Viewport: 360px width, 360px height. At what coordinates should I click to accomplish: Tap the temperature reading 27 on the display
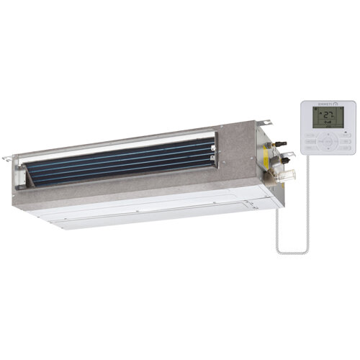point(328,115)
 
